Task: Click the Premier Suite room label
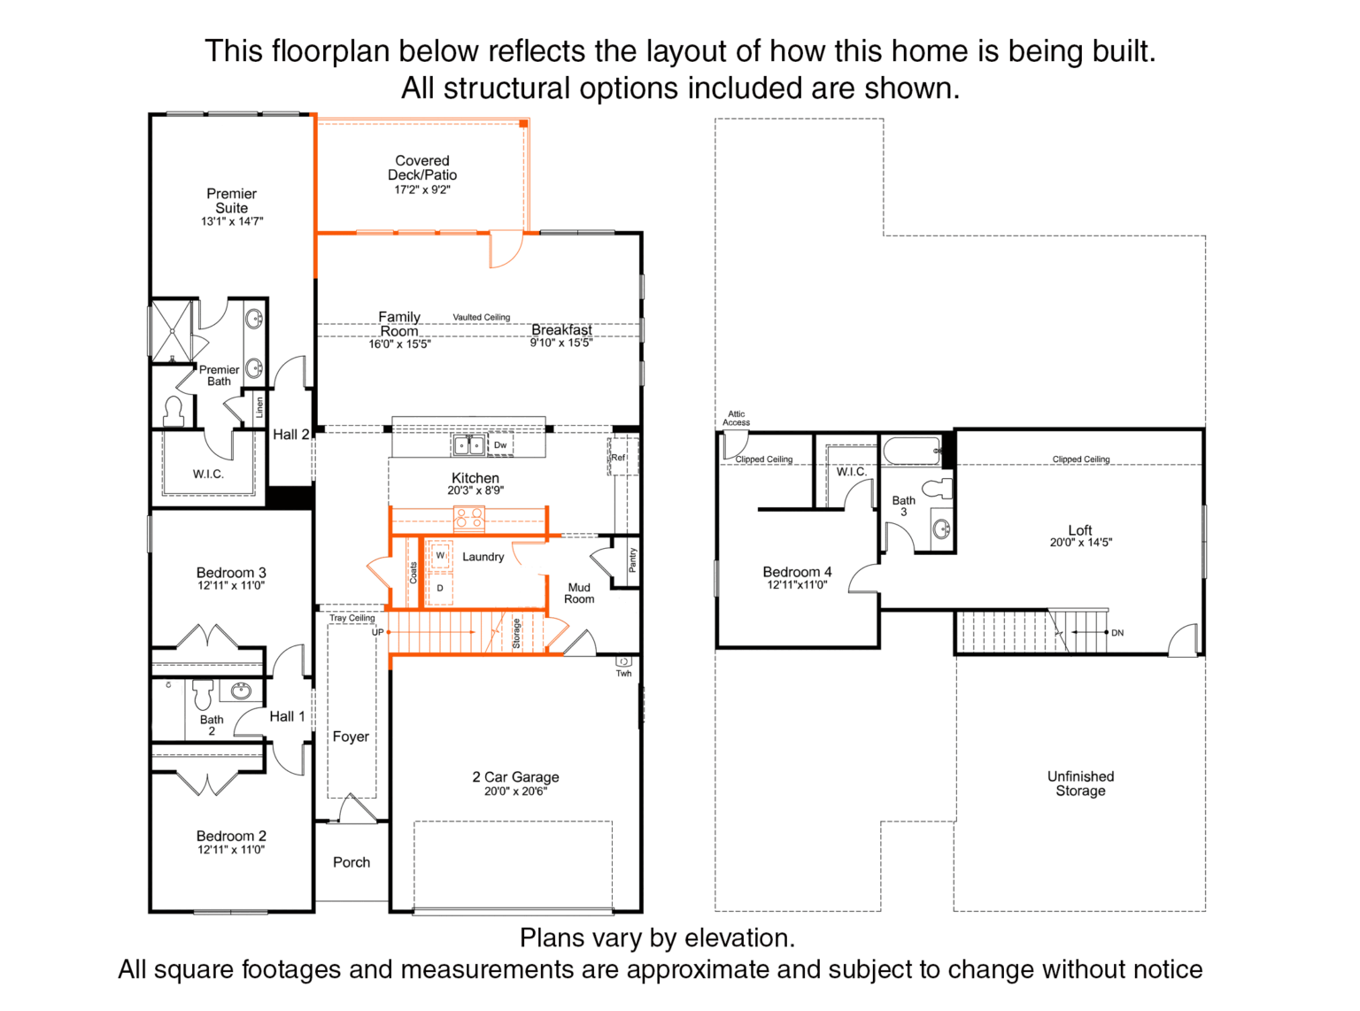click(231, 200)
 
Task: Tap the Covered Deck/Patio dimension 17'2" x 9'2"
click(421, 190)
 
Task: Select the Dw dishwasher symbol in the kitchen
click(500, 445)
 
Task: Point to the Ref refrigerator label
click(618, 458)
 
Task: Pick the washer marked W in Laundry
click(440, 555)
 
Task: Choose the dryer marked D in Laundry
click(440, 589)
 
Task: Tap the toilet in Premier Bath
click(174, 411)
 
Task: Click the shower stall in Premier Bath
click(172, 330)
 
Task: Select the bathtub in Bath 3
click(912, 451)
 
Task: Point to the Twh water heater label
click(623, 673)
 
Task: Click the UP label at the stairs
click(378, 632)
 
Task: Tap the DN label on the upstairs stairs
click(1117, 633)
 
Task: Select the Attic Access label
click(736, 418)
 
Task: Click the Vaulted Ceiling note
click(482, 317)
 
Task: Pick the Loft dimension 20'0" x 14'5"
click(1080, 543)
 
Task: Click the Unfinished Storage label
click(1080, 783)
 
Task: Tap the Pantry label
click(633, 560)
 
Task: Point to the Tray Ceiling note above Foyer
click(352, 618)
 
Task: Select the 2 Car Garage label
click(515, 776)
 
